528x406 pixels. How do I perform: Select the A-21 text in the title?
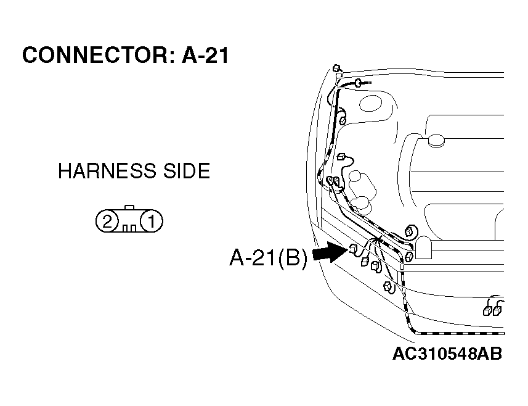point(205,55)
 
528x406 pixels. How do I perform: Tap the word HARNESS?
point(107,171)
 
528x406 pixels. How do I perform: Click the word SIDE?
point(187,171)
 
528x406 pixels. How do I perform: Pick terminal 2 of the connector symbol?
point(107,222)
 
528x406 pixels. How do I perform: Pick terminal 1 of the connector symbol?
point(152,222)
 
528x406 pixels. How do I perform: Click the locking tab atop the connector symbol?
point(129,207)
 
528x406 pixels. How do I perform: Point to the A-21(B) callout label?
point(269,259)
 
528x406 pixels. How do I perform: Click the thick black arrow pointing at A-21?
point(330,252)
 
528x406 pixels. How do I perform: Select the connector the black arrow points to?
point(354,249)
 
